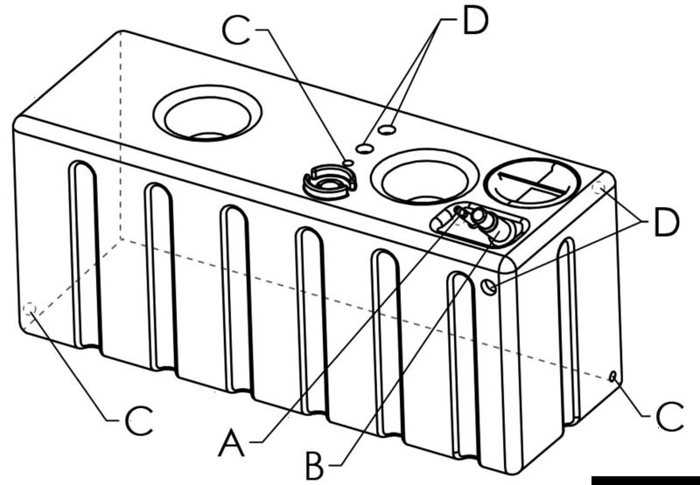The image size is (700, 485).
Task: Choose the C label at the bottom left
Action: [139, 422]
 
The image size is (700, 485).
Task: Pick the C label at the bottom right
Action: [670, 418]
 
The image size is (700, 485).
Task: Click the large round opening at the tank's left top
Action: [207, 113]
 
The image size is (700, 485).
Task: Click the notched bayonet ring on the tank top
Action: [329, 181]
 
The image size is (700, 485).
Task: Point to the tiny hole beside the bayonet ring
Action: [348, 163]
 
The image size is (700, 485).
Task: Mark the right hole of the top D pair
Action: [388, 130]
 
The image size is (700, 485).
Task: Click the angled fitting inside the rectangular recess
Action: [479, 221]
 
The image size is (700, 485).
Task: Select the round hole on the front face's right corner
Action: [491, 286]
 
